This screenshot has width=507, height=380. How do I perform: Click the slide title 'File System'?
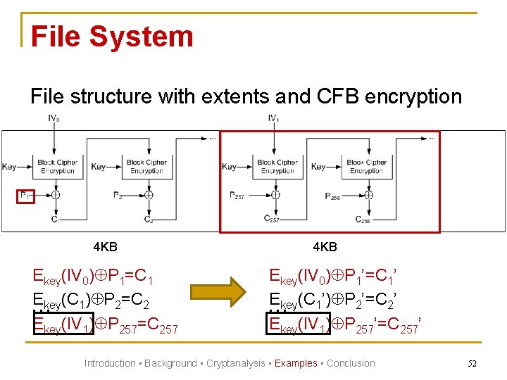[112, 37]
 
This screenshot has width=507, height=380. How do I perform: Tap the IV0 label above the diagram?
[54, 119]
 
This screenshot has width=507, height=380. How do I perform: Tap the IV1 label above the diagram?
[274, 119]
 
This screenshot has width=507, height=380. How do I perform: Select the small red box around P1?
[25, 196]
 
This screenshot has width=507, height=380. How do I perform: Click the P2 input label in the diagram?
[118, 196]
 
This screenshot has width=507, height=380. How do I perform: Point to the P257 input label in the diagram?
[237, 196]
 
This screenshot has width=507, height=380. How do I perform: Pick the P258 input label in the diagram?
[332, 196]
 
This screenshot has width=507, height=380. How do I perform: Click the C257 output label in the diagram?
[272, 219]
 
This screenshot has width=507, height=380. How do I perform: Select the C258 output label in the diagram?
[363, 220]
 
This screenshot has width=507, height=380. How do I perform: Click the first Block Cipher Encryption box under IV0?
[57, 167]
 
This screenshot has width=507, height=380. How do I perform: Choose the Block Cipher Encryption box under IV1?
[277, 167]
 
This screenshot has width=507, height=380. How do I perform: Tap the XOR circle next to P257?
[276, 196]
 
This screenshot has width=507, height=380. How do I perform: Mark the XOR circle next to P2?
[149, 196]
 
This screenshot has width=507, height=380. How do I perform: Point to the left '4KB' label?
[105, 247]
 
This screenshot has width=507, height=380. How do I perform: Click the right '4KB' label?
[325, 247]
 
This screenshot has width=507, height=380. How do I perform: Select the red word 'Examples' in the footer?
[296, 363]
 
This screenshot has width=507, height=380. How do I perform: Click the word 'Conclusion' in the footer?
[351, 363]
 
